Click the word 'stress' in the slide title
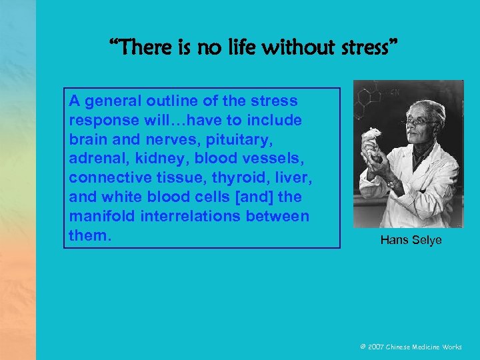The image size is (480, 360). [x=364, y=47]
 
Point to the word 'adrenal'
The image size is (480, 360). [x=93, y=159]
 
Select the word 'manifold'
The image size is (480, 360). [x=97, y=217]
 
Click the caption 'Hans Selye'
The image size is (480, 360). [x=411, y=240]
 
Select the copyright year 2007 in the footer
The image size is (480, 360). [x=375, y=347]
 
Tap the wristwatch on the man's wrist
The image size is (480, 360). [x=393, y=182]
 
